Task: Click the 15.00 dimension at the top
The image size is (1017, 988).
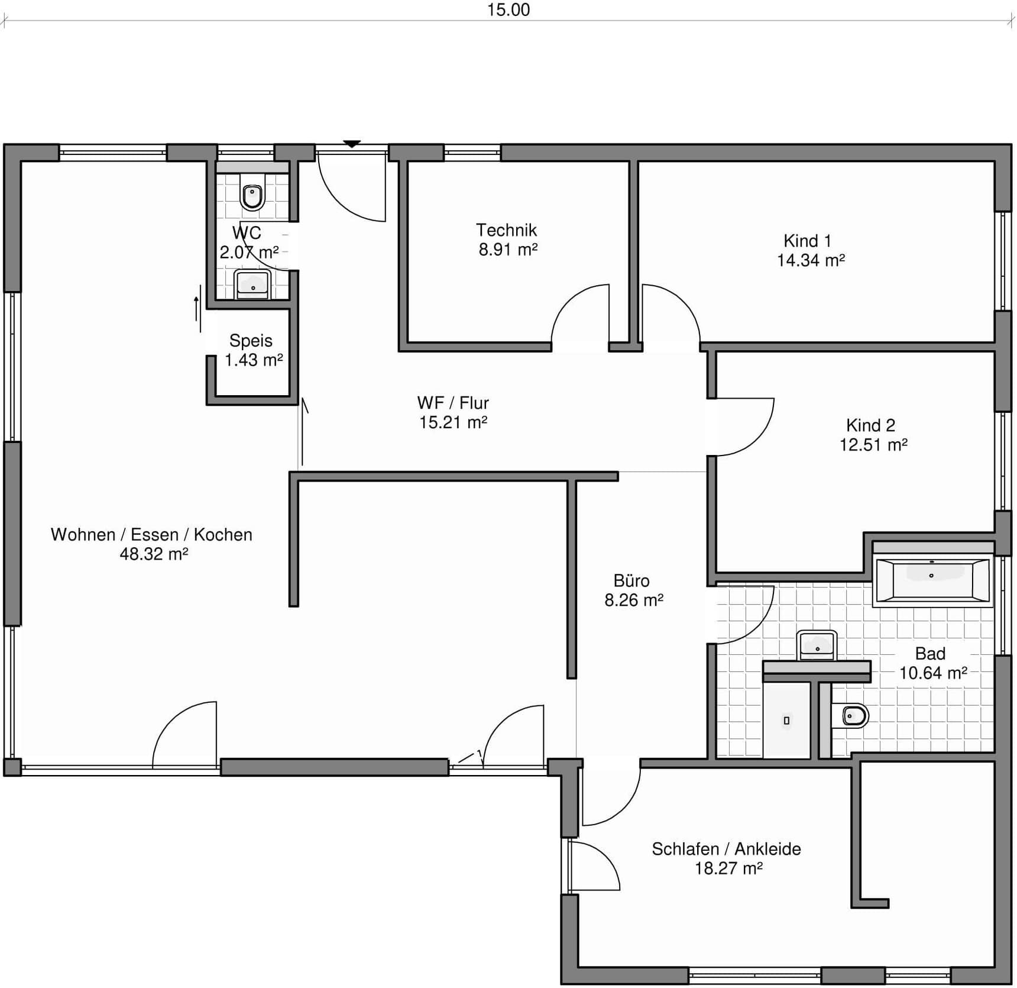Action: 508,10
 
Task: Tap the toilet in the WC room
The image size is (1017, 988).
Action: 252,196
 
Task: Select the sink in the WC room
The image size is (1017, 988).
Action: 253,285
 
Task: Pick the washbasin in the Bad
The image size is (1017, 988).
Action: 817,645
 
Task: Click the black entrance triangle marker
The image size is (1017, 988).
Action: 352,144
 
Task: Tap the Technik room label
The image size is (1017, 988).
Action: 506,230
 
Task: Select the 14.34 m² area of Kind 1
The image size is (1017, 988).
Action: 811,261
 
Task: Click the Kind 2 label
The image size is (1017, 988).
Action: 870,425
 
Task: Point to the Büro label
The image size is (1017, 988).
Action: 631,581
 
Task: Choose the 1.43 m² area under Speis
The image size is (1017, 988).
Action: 254,360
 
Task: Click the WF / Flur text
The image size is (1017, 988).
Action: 453,403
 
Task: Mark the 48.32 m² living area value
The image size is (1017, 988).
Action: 154,554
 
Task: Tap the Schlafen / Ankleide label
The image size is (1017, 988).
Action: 726,849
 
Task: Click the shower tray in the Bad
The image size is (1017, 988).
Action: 786,720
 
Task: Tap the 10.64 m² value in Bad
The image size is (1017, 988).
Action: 933,673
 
